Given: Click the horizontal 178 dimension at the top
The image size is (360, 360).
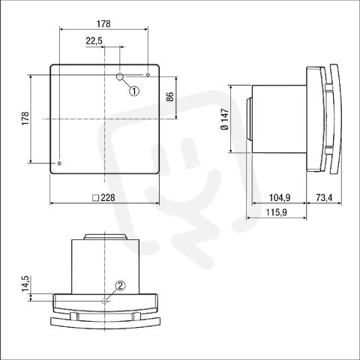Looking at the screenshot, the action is click(x=103, y=24).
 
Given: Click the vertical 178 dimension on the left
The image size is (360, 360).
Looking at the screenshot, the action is click(x=25, y=118).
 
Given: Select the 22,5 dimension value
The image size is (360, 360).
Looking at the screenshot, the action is click(x=94, y=40).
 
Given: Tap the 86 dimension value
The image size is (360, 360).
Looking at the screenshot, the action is click(x=169, y=97).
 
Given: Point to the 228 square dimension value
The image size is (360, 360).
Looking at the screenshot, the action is click(x=108, y=198).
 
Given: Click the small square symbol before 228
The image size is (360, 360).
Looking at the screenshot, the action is click(x=96, y=198).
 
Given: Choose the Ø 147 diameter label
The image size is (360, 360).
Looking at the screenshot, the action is click(x=225, y=119).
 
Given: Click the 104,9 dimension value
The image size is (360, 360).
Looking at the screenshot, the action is click(x=280, y=198).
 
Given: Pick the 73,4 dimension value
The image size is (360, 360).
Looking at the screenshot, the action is click(x=324, y=198).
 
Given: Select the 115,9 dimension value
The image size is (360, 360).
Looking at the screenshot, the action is click(x=276, y=212).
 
